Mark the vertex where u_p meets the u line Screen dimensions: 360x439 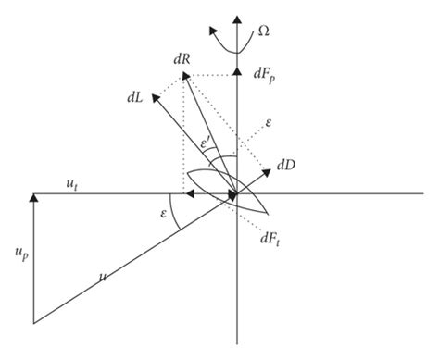[34, 323]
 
